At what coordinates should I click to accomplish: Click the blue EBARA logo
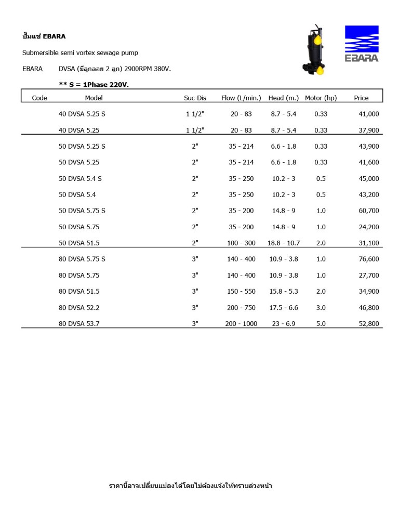pos(362,43)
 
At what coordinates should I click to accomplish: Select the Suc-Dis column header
pos(195,98)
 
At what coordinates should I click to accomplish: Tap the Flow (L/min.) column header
pos(241,98)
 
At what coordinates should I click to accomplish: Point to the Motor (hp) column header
pos(321,98)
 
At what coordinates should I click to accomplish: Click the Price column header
pos(361,98)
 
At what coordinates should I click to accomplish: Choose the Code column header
pos(39,98)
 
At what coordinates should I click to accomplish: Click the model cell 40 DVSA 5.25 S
pos(82,114)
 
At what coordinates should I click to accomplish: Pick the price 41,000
pos(369,114)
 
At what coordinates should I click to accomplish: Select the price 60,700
pos(369,211)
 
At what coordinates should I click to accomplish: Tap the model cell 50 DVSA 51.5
pos(79,243)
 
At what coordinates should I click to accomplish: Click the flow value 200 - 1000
pos(241,323)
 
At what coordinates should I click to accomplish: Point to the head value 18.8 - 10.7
pos(284,243)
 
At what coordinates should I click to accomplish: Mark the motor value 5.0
pos(321,323)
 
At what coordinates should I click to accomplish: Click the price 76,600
pos(369,259)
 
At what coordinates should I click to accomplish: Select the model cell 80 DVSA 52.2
pos(79,307)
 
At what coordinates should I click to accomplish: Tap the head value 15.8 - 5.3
pos(284,291)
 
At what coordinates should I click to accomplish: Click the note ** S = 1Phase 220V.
pos(94,84)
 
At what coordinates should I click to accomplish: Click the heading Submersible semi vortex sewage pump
pos(80,53)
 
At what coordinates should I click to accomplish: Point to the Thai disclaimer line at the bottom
pos(190,486)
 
